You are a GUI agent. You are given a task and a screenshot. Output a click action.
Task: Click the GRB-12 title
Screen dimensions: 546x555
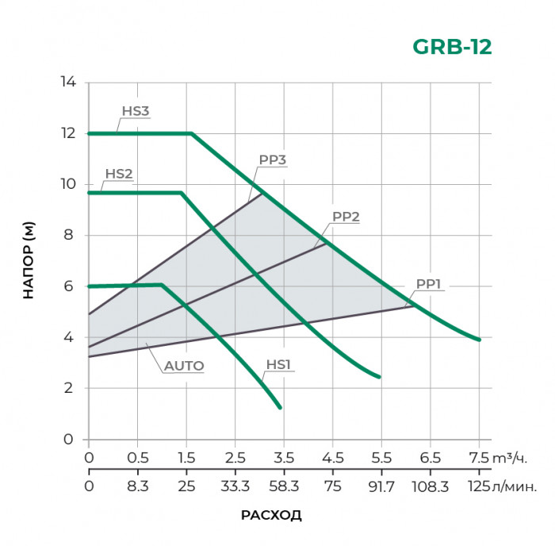[452, 47]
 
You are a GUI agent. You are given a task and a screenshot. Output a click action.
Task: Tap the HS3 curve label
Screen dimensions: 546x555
[136, 112]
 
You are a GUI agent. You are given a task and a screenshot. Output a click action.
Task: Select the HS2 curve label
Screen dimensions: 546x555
[118, 174]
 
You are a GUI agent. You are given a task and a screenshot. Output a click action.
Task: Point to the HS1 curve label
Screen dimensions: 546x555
[278, 365]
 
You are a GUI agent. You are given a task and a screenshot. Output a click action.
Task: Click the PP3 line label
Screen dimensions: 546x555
[272, 160]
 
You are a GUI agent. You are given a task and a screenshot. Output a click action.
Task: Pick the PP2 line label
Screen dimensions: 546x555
[346, 216]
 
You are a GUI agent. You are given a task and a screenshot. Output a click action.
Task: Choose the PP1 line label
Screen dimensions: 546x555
[428, 284]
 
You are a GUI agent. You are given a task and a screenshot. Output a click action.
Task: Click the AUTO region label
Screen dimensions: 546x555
[184, 366]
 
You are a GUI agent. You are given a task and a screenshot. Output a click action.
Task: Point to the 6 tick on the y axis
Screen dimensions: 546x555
[69, 286]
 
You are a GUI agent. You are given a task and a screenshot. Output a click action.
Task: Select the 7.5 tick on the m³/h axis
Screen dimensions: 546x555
[478, 458]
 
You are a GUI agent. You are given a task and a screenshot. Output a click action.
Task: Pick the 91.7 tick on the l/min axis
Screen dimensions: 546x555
[381, 484]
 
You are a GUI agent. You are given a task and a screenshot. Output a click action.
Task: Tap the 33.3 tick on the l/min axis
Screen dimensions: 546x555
[235, 484]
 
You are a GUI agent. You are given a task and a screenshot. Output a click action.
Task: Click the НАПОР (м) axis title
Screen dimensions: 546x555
[29, 261]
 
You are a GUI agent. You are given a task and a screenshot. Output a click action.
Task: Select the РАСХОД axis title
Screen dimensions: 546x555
[271, 515]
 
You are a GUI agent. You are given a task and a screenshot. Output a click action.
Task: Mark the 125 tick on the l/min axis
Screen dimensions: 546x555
[478, 484]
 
